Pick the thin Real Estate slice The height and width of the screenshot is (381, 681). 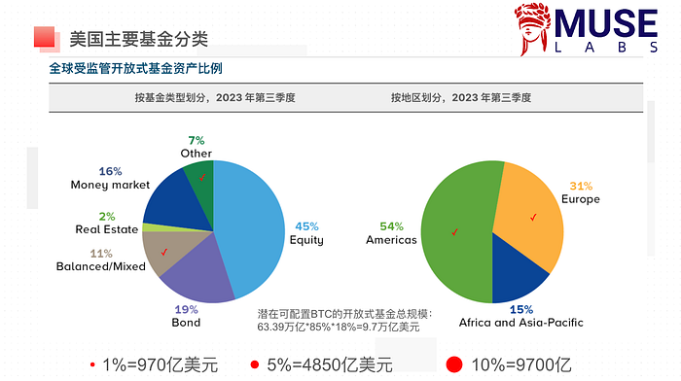click(151, 227)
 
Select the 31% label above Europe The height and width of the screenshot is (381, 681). click(581, 186)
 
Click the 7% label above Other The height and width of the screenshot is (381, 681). click(197, 141)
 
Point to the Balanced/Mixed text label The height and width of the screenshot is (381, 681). click(103, 265)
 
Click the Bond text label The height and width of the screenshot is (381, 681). click(186, 322)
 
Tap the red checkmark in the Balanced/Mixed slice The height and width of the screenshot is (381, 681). click(164, 252)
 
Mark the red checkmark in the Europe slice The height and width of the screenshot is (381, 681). click(532, 217)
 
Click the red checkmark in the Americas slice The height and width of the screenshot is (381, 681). click(454, 232)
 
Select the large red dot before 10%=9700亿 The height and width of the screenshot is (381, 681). click(454, 364)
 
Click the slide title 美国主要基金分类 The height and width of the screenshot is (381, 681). click(138, 39)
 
